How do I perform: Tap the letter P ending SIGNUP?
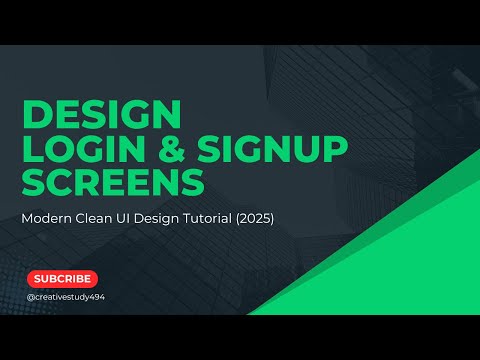pyautogui.click(x=336, y=149)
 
